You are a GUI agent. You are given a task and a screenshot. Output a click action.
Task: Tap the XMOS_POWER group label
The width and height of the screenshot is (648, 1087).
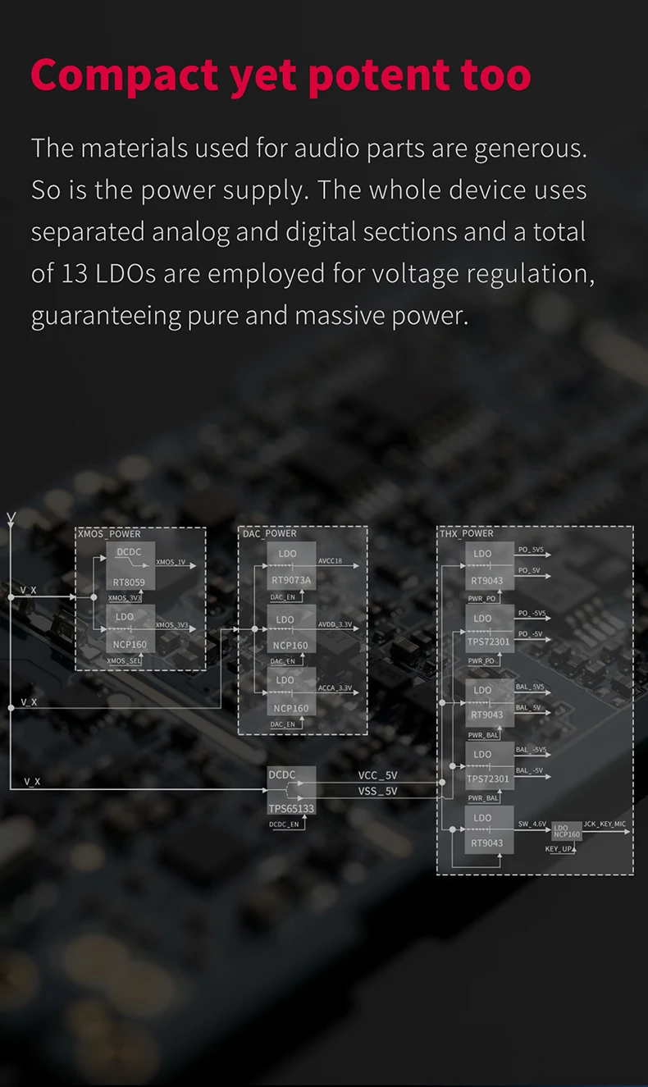pos(109,534)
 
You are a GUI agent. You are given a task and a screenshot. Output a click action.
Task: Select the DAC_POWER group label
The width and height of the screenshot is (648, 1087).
pos(270,534)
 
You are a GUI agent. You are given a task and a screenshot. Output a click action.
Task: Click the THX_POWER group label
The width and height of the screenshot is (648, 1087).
pos(467,534)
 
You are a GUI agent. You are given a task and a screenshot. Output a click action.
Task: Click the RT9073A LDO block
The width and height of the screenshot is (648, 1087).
pos(291,567)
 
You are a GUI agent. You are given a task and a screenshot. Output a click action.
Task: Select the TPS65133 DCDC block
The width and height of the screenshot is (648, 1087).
pos(291,791)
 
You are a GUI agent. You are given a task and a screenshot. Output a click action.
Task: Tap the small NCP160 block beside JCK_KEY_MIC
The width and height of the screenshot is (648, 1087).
pos(566,832)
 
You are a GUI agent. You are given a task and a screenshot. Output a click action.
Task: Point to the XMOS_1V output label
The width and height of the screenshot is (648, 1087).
pos(171,562)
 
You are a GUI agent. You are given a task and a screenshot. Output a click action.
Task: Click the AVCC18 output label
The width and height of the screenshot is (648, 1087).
pos(331,562)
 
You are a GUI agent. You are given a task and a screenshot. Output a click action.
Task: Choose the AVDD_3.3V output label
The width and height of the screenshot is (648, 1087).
pos(335,625)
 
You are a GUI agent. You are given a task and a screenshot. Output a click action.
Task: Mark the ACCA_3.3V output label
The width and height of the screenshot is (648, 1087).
pos(335,687)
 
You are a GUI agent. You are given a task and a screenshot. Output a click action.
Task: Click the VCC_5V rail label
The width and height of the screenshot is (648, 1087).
pos(377,775)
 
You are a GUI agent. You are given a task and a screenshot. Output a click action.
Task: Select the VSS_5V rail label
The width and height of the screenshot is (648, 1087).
pos(377,791)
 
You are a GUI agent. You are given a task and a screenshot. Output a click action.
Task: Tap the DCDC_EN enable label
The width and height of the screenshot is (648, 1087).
pos(285,824)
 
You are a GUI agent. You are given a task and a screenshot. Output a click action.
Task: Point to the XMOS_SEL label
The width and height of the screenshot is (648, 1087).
pos(125,661)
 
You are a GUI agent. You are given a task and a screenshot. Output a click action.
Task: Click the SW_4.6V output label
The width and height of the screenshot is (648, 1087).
pos(532,823)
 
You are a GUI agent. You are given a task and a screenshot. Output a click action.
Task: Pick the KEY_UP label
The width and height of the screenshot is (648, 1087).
pos(559,849)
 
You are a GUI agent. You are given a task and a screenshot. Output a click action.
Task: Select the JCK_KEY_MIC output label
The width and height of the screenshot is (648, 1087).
pos(605,823)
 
